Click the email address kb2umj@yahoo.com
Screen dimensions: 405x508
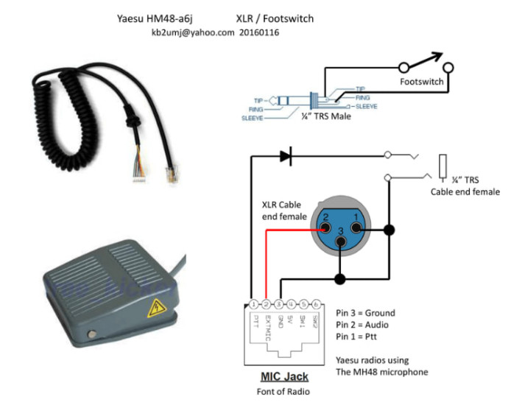pyautogui.click(x=192, y=32)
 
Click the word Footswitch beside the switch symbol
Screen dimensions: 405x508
pyautogui.click(x=421, y=81)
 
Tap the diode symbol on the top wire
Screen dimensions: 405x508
pyautogui.click(x=285, y=155)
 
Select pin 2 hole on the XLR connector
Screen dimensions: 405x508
pyautogui.click(x=324, y=216)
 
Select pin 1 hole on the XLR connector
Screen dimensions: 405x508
pyautogui.click(x=356, y=216)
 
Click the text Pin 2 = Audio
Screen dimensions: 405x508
pyautogui.click(x=361, y=324)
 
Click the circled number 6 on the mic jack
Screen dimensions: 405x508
pyautogui.click(x=316, y=303)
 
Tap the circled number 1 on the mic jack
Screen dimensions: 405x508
pyautogui.click(x=253, y=303)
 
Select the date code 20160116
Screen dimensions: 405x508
pyautogui.click(x=259, y=32)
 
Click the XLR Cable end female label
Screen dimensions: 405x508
pyautogui.click(x=283, y=209)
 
